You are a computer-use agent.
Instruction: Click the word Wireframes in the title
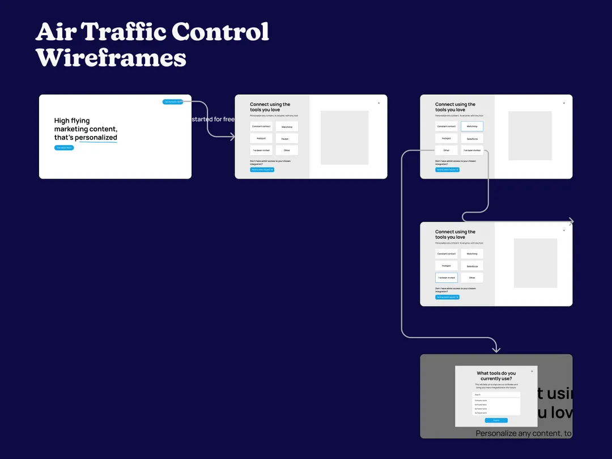click(111, 57)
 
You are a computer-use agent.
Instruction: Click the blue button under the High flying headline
click(64, 148)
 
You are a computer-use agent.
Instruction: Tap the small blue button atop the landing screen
click(173, 102)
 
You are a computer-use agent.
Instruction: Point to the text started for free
click(213, 119)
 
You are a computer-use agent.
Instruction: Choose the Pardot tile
click(286, 139)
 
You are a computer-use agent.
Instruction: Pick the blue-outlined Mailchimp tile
click(471, 126)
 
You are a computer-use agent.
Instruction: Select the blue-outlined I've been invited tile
click(446, 278)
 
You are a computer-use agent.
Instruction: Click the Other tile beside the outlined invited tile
click(471, 278)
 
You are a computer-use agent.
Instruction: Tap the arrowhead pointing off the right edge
click(571, 222)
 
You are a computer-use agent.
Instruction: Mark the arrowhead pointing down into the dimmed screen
click(496, 349)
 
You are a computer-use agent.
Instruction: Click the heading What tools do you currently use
click(496, 376)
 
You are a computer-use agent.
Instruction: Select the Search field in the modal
click(496, 394)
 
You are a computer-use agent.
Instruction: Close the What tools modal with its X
click(532, 372)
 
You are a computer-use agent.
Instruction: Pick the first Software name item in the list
click(496, 401)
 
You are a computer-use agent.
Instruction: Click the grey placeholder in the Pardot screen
click(345, 138)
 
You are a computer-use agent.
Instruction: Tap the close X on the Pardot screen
click(379, 103)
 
